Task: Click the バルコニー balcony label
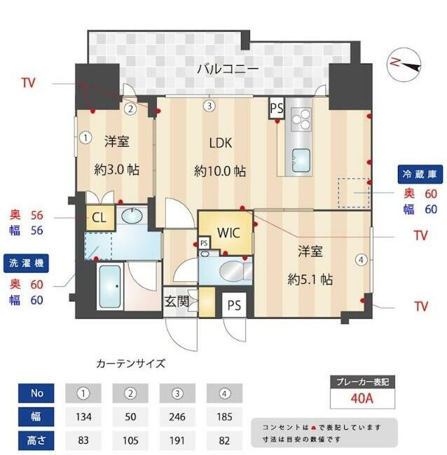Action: coord(227,69)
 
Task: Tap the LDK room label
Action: coord(220,144)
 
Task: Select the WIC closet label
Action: coord(228,232)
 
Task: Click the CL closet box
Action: coord(99,217)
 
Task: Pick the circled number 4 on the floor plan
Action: coord(361,260)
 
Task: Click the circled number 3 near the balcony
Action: coord(209,107)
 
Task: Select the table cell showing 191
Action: coord(177,442)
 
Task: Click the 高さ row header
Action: coord(37,442)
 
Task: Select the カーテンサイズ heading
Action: coord(130,364)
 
